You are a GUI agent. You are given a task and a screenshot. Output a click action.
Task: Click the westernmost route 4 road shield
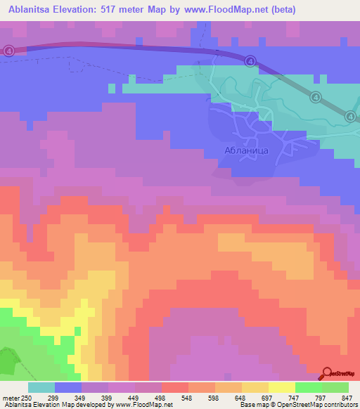coord(8,51)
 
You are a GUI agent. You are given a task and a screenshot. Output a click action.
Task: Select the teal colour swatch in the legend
coord(41,387)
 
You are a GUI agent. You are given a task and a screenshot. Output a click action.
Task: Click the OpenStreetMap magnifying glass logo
coord(326,374)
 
